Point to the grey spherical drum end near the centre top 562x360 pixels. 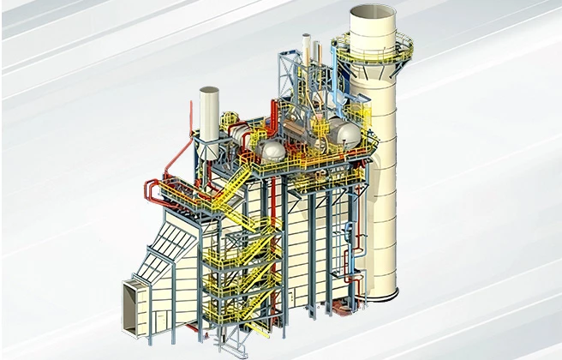272,151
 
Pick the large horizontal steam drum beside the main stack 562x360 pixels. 346,132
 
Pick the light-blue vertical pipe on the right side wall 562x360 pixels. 349,257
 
